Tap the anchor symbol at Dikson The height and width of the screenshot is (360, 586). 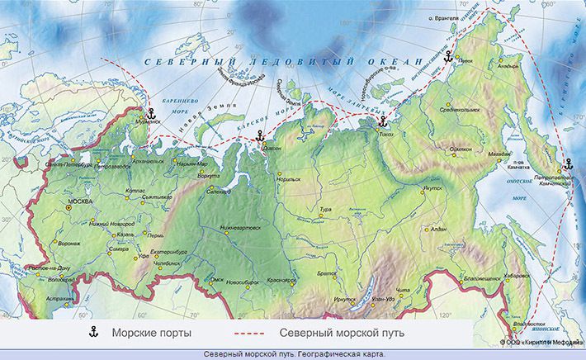pyautogui.click(x=259, y=135)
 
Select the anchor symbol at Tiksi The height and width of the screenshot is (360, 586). pyautogui.click(x=381, y=121)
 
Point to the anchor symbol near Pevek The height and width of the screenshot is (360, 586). pyautogui.click(x=448, y=57)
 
